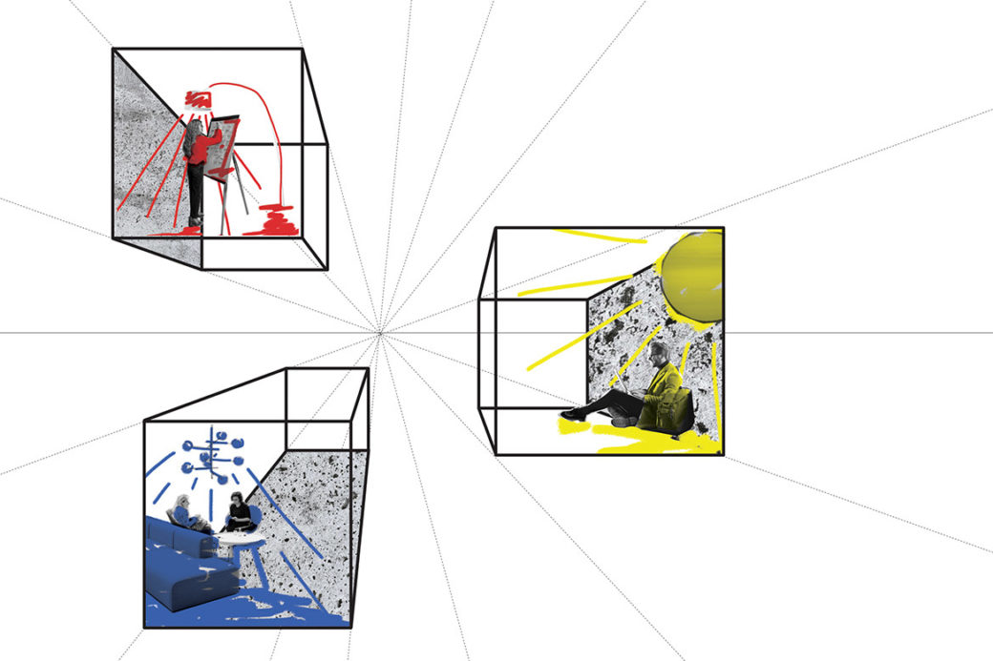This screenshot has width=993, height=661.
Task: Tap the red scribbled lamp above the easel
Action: pyautogui.click(x=198, y=98)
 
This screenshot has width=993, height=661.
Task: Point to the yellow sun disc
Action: pyautogui.click(x=692, y=278)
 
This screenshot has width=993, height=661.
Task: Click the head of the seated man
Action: pyautogui.click(x=660, y=355)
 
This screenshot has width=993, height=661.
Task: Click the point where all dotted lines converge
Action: pyautogui.click(x=380, y=333)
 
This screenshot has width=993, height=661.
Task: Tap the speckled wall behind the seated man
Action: pyautogui.click(x=621, y=324)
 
